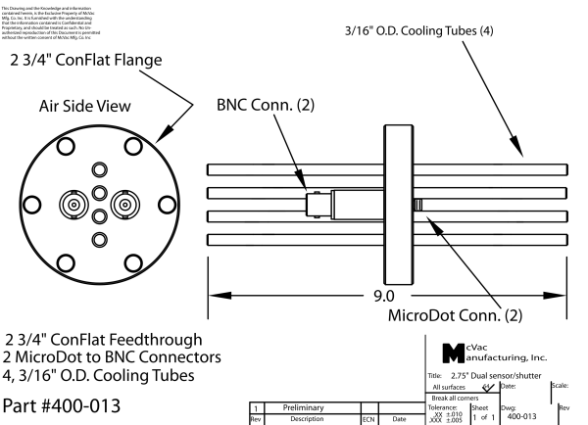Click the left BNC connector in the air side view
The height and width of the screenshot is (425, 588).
pyautogui.click(x=73, y=207)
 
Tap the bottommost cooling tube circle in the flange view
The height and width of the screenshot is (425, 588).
pyautogui.click(x=99, y=240)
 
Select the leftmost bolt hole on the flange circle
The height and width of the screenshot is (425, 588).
pyautogui.click(x=35, y=207)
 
